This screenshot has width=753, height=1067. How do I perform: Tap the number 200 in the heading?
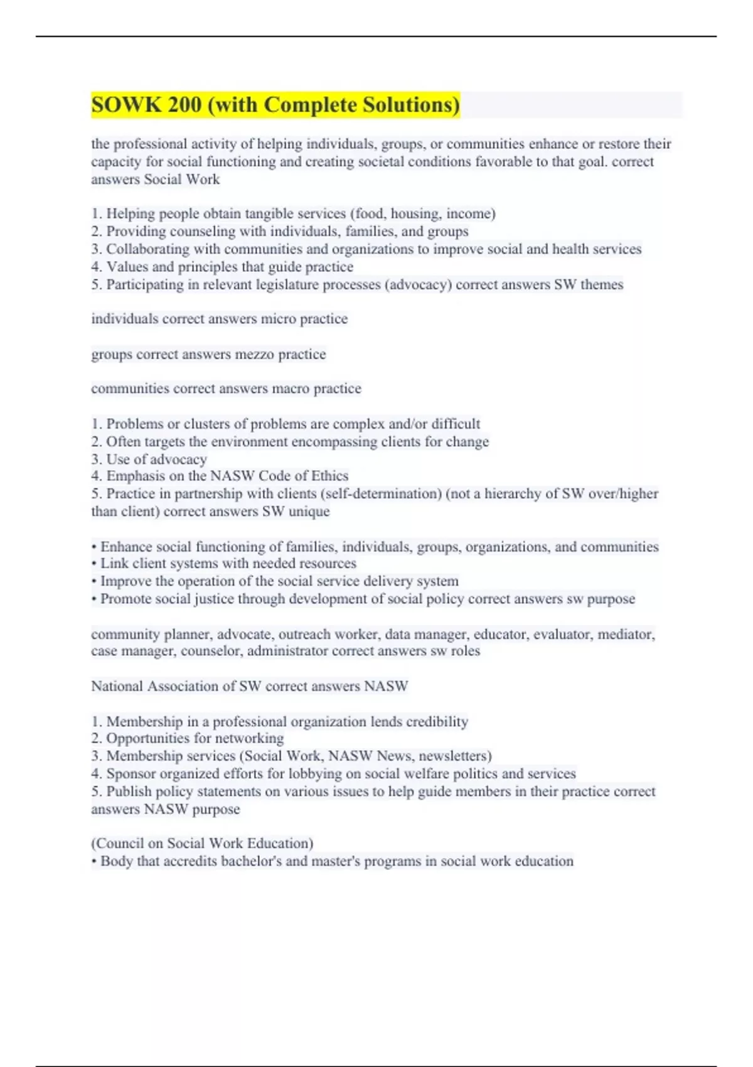[x=184, y=105]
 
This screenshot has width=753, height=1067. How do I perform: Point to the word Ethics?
[x=328, y=476]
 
